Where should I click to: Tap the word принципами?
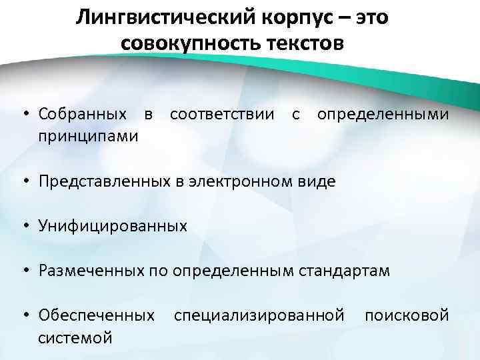tap(89, 136)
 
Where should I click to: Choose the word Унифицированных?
tap(113, 226)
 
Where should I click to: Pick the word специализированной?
tap(259, 315)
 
